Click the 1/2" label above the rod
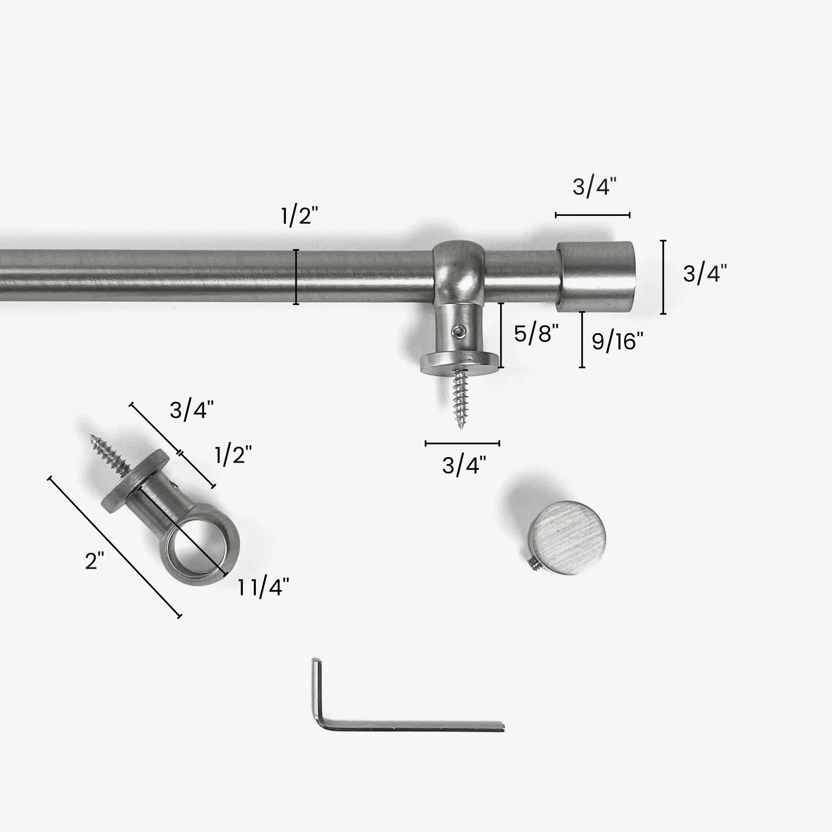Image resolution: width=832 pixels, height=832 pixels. pos(299,216)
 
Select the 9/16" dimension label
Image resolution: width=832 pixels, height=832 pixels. pos(617,342)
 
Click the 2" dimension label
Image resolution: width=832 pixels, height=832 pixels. pos(94,561)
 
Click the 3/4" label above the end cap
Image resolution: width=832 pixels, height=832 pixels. pos(594,187)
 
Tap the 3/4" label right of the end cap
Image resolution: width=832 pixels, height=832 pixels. pos(705,274)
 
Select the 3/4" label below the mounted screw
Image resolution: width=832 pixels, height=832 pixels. pos(464,466)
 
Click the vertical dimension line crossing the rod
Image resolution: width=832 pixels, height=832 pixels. pos(296,277)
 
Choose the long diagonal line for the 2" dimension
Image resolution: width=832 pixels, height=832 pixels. pos(114,547)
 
